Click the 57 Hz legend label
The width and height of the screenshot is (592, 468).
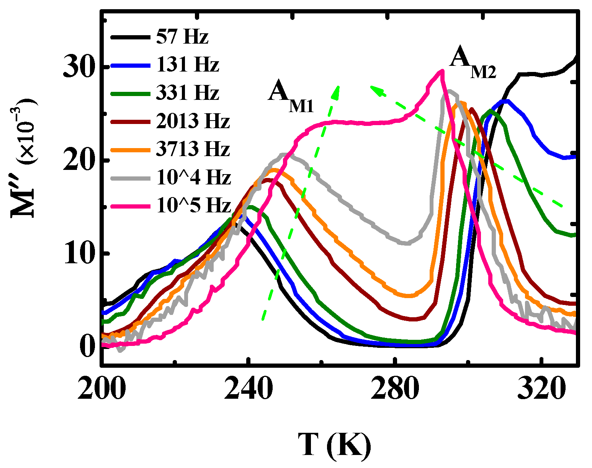coord(182,38)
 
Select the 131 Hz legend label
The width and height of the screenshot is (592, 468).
coord(187,65)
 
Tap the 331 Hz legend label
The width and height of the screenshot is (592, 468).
coord(187,93)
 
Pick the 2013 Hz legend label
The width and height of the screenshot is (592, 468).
coord(193,121)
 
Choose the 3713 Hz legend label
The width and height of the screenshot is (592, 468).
coord(193,149)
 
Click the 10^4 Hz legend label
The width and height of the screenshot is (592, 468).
coord(193,178)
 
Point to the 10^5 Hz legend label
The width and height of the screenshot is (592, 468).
coord(193,205)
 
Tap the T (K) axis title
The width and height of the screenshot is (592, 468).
coord(334,445)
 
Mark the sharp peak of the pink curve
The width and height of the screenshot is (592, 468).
coord(442,71)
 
